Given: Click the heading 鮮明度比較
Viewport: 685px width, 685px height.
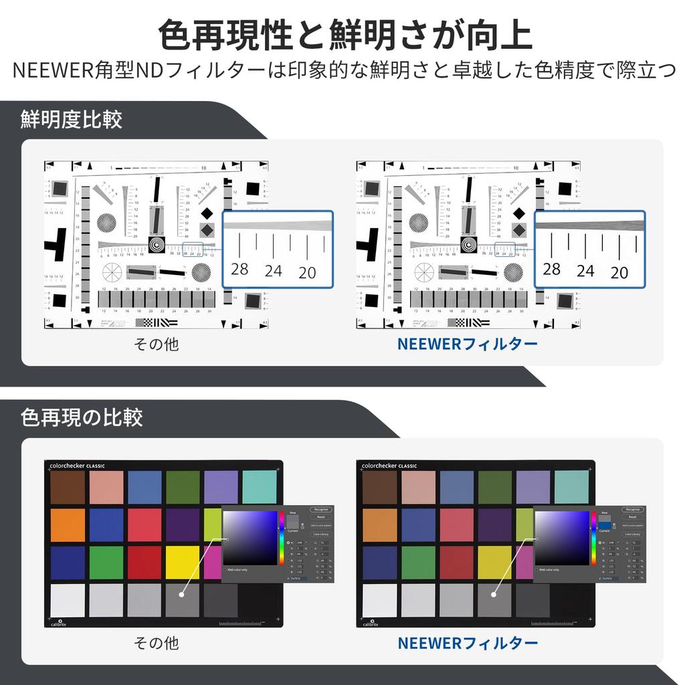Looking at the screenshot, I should (x=72, y=120).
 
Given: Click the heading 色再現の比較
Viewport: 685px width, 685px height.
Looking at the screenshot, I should (x=82, y=418).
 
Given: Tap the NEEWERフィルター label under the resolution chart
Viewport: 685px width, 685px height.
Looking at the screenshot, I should (x=467, y=345).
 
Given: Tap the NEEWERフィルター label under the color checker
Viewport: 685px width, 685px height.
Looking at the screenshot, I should (x=468, y=643).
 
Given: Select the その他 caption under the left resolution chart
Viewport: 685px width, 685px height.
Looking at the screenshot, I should (x=157, y=345).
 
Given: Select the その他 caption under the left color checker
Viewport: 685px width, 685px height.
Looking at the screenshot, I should (x=157, y=643).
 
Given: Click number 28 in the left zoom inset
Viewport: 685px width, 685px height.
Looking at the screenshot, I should (x=239, y=270).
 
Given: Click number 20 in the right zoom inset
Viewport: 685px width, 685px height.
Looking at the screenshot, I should (x=619, y=272).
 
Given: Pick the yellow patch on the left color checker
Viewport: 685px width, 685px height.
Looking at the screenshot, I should (x=183, y=563).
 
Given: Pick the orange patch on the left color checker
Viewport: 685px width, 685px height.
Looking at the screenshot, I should (x=68, y=525).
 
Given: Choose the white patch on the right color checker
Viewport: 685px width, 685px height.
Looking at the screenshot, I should (x=380, y=600).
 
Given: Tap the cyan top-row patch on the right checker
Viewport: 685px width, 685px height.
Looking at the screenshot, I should (x=571, y=488).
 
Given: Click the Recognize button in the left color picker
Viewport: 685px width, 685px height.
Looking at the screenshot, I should (x=321, y=510).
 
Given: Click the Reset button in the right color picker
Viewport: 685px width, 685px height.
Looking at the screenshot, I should (x=632, y=517).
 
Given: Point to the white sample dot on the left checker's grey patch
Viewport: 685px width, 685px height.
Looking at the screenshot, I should (x=182, y=593).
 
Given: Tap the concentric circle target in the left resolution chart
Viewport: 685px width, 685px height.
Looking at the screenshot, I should (x=156, y=245).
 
